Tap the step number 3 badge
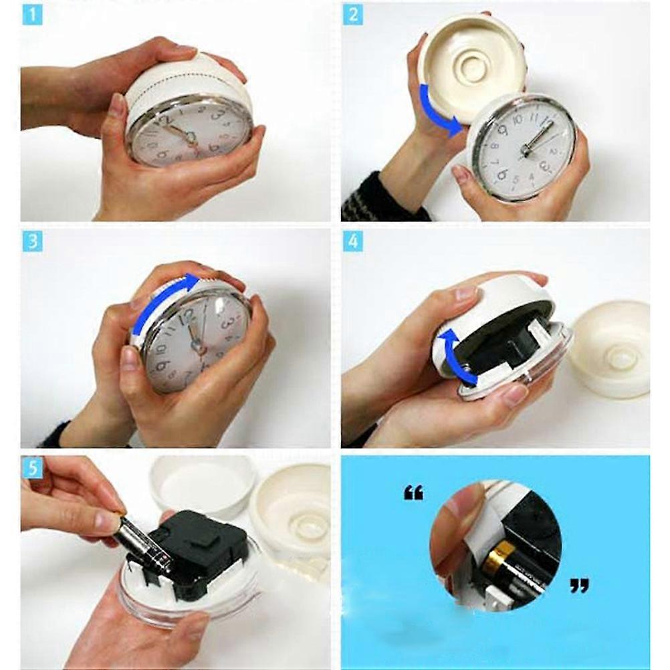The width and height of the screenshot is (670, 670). pos(32,241)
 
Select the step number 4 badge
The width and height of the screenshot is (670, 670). pos(353,241)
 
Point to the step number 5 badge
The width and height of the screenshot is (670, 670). pos(32,468)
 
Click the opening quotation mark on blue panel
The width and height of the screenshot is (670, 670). pos(413,493)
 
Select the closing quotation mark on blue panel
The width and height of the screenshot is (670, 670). pos(579,586)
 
